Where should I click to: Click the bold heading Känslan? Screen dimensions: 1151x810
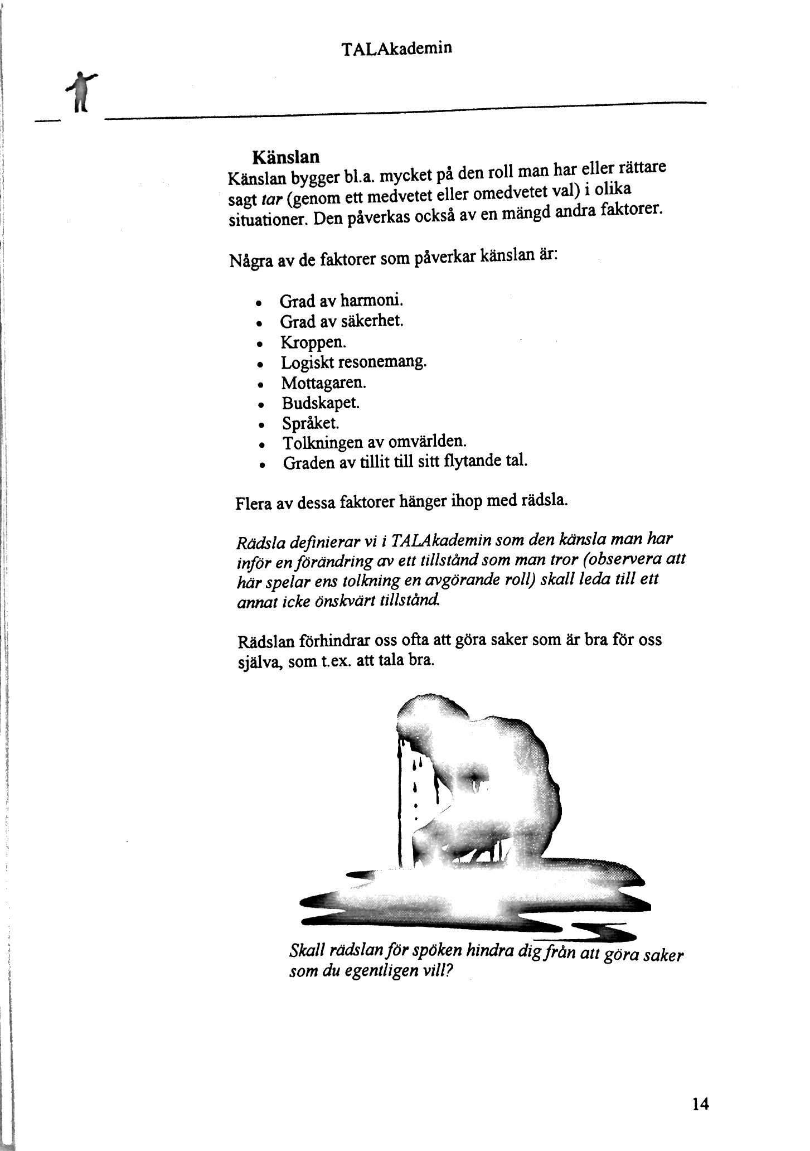pos(286,157)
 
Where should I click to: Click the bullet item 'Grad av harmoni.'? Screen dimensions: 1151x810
pos(341,301)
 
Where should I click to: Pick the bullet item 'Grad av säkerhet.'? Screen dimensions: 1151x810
pos(341,322)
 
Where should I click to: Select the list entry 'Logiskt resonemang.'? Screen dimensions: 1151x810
pos(353,362)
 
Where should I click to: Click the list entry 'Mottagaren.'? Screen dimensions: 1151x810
pos(323,383)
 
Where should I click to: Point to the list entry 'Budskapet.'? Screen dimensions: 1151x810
pos(321,403)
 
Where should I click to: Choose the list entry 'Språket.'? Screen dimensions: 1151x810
pos(311,423)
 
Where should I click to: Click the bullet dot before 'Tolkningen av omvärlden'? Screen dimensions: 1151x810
pos(261,446)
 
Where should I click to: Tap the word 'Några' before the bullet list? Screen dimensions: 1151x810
pos(248,262)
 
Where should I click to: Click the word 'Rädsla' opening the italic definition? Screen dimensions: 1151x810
pos(257,542)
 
